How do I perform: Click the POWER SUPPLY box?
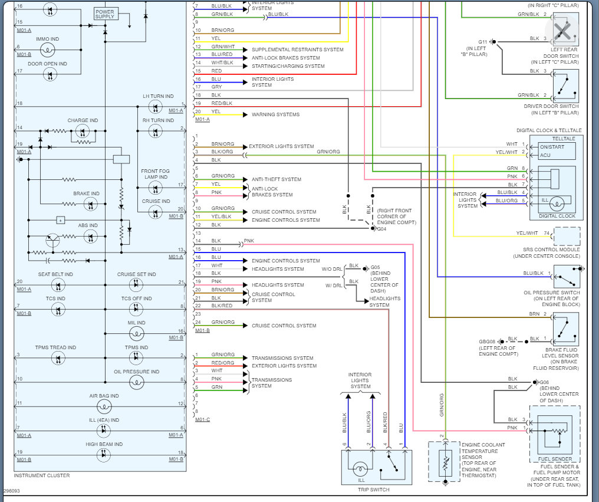click(x=105, y=14)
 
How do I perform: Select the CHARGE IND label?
click(x=83, y=120)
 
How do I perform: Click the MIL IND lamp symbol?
click(x=136, y=334)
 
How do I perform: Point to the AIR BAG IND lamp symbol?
click(x=104, y=406)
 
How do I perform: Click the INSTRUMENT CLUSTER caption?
click(x=41, y=475)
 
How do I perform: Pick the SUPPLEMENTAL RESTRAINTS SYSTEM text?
click(x=297, y=50)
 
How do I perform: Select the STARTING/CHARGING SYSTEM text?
click(x=288, y=66)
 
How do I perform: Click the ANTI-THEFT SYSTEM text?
click(x=276, y=179)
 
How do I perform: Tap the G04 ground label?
click(x=381, y=228)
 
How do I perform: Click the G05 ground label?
click(x=376, y=267)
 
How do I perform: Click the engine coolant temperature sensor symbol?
click(x=445, y=462)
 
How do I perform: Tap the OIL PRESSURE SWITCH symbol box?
click(x=566, y=276)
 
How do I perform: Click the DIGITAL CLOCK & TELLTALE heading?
click(x=549, y=130)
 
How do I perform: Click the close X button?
click(x=562, y=29)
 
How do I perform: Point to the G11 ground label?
click(x=482, y=42)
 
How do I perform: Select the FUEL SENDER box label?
click(x=554, y=459)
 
